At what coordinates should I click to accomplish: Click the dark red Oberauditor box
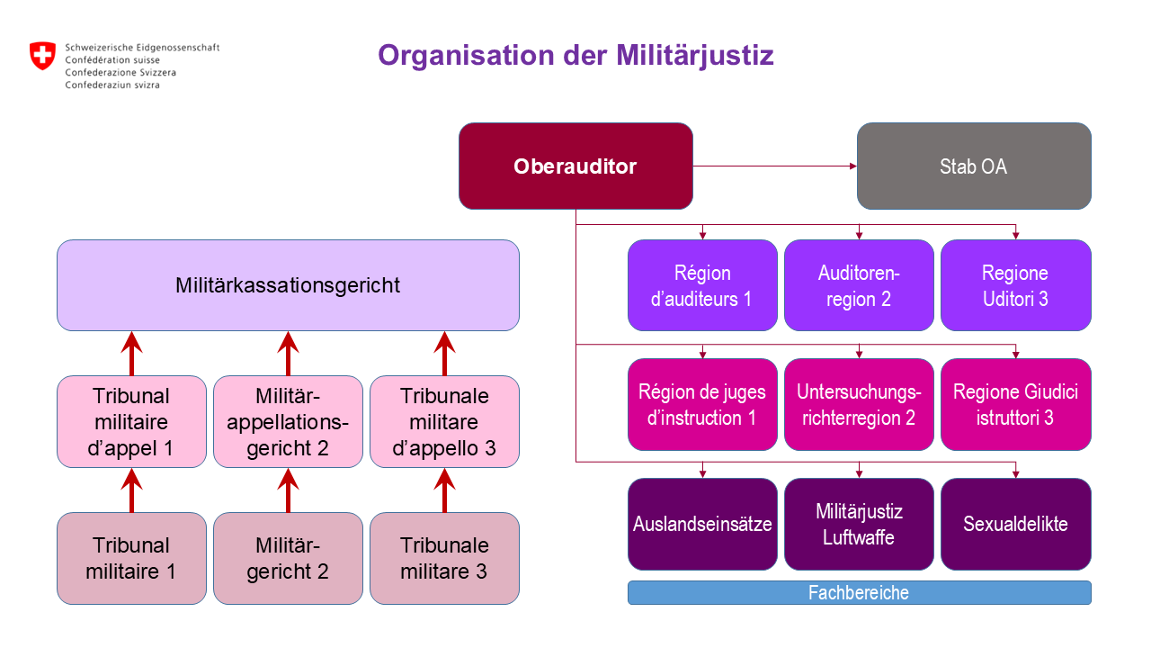[575, 166]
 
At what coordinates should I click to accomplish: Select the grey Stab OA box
[973, 166]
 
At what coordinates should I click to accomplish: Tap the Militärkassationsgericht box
[288, 285]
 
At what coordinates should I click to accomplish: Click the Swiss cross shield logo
[42, 56]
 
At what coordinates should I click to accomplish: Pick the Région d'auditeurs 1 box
[701, 285]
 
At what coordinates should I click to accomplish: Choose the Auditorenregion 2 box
[859, 285]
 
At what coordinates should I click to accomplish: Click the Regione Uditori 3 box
[1015, 285]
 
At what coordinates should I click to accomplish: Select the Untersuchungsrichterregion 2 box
[859, 404]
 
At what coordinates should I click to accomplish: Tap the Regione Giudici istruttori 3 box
[1015, 404]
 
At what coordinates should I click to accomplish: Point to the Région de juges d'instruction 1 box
[701, 404]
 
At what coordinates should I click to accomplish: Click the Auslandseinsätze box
[701, 524]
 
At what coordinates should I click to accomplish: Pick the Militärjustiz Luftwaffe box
[859, 524]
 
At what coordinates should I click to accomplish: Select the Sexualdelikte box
[1015, 524]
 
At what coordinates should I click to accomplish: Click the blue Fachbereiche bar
[859, 593]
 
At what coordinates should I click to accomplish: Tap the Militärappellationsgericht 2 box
[288, 421]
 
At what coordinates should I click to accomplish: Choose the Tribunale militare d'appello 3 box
[444, 421]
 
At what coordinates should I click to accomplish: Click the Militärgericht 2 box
[288, 558]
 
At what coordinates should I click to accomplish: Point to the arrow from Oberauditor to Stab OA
[773, 166]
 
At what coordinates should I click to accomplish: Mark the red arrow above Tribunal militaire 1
[132, 490]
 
